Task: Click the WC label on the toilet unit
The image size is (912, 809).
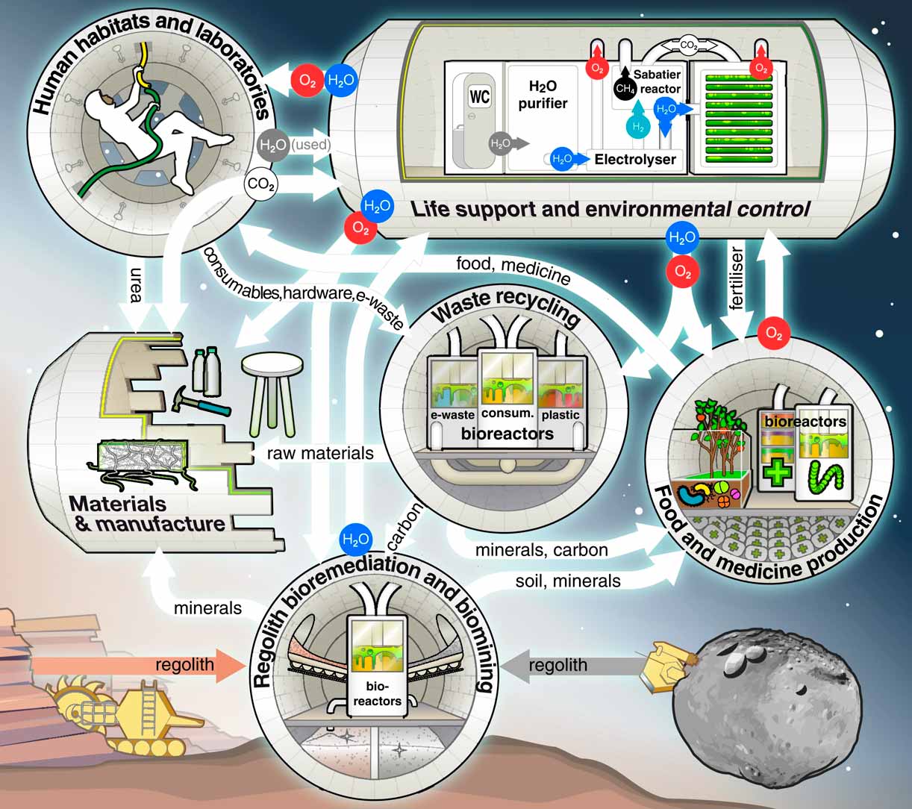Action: coord(479,98)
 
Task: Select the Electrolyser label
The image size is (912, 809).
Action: coord(635,159)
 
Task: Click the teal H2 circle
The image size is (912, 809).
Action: coord(637,127)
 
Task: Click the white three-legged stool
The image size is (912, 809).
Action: coord(272,388)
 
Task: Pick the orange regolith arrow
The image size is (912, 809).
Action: coord(134,664)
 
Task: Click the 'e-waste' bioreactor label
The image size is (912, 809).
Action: coord(452,415)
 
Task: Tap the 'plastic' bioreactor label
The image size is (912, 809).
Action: coord(560,415)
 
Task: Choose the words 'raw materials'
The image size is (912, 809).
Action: coord(320,453)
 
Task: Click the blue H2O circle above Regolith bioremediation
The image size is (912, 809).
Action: coord(355,539)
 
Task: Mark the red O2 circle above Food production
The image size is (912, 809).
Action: coord(775,334)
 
